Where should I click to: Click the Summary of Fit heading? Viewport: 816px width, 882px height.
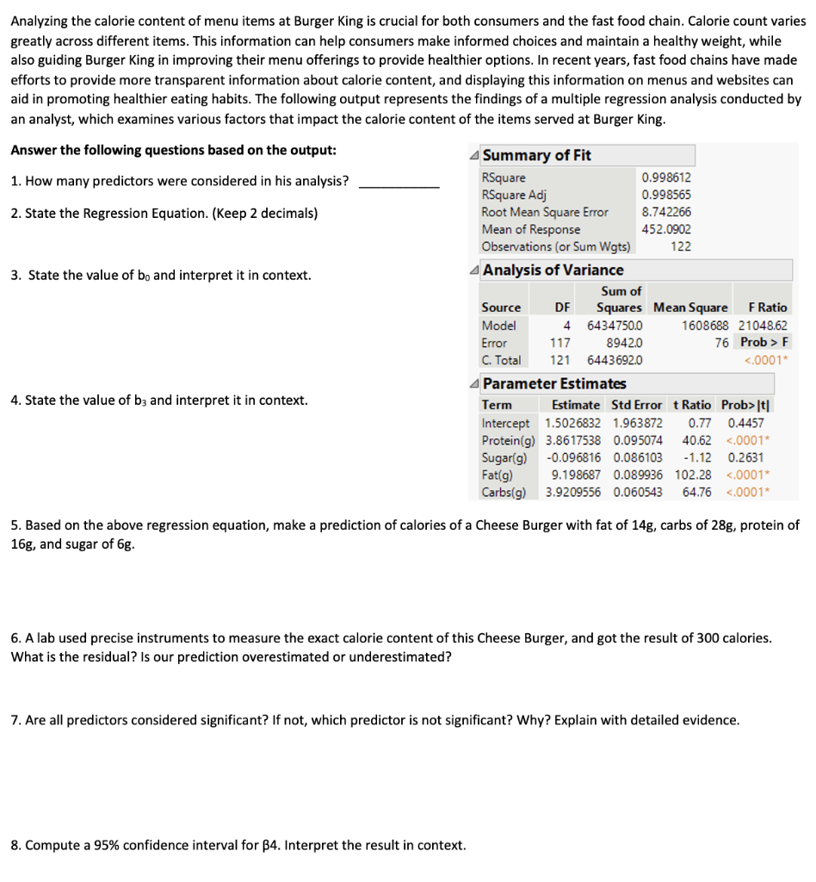536,155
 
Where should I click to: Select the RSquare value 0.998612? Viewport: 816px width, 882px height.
666,177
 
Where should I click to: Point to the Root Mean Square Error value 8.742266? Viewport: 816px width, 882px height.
666,212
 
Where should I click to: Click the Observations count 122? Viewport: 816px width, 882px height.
680,246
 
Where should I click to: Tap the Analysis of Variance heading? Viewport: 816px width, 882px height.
553,270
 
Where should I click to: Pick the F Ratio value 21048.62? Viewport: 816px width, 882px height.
763,326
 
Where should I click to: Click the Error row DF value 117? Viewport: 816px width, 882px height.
559,343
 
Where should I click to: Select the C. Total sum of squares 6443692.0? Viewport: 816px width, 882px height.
614,360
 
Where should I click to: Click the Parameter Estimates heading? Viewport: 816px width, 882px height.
554,383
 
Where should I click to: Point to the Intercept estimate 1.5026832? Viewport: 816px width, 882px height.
574,423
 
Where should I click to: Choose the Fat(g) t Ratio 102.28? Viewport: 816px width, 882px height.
693,475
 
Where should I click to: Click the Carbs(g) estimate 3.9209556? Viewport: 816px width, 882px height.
574,492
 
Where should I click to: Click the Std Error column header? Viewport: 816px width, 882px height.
636,405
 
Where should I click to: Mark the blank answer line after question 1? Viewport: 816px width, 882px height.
399,184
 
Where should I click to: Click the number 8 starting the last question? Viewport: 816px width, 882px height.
15,845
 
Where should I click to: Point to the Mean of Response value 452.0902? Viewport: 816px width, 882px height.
666,229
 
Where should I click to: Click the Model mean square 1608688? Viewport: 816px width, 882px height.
704,326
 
